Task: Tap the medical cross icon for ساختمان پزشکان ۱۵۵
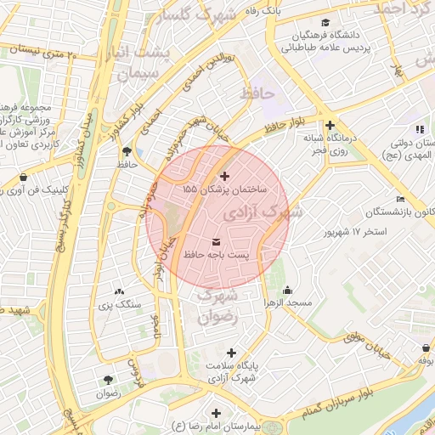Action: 224,177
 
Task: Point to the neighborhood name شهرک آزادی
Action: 272,212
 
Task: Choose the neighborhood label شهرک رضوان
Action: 217,308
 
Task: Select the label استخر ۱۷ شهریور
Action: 357,231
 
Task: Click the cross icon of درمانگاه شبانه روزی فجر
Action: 330,126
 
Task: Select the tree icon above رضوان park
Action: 108,379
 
